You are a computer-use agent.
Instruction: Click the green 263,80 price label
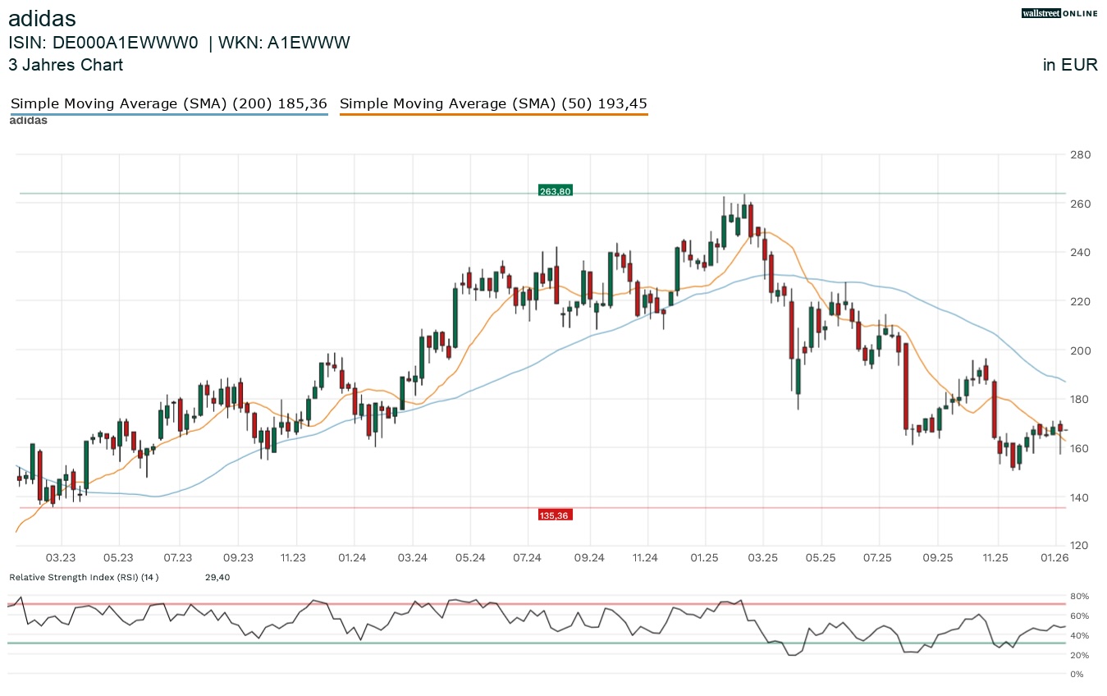click(555, 191)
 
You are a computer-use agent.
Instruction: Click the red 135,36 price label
click(555, 515)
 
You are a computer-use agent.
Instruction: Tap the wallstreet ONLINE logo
click(1059, 13)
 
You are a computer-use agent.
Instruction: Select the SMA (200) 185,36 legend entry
click(168, 104)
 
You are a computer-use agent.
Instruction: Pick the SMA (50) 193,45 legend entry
click(493, 104)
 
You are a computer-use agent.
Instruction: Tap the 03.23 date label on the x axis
click(61, 558)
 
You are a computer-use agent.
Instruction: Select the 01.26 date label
click(1055, 558)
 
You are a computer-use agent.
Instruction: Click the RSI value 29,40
click(217, 578)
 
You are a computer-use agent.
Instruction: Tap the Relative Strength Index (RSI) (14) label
click(84, 578)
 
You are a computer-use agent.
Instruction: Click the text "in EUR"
click(1070, 66)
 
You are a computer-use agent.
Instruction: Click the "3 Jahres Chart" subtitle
click(66, 66)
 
